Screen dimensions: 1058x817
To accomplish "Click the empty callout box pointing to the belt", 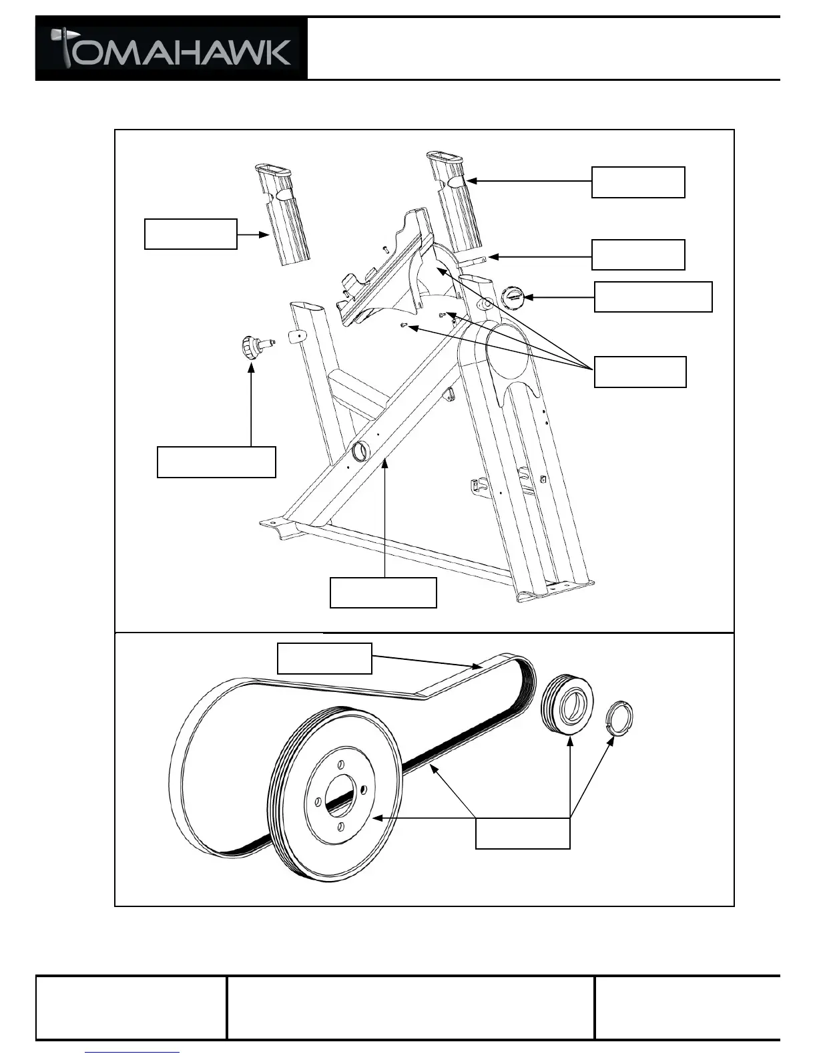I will [324, 658].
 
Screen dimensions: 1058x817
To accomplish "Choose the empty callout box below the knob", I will [216, 462].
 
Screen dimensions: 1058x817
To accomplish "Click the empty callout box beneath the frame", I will [383, 592].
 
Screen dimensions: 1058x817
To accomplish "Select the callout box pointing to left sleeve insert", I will [191, 234].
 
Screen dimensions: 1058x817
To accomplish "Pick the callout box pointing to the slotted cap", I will [653, 297].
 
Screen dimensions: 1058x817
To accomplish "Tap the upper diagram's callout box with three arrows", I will [640, 372].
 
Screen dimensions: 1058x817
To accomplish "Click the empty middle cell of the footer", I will [411, 1008].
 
